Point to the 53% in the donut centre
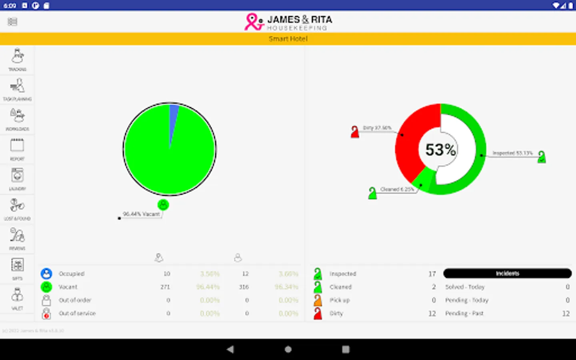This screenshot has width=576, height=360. click(x=440, y=150)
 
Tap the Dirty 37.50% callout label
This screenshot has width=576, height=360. click(x=377, y=128)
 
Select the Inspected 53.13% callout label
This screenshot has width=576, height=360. click(x=512, y=153)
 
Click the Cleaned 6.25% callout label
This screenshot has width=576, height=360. click(x=397, y=189)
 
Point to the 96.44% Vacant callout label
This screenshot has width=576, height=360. click(x=141, y=214)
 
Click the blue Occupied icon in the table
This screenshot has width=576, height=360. click(x=46, y=274)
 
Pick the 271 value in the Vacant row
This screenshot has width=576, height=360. click(x=165, y=287)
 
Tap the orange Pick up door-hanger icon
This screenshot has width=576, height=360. click(x=318, y=300)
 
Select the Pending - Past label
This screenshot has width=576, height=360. click(x=464, y=314)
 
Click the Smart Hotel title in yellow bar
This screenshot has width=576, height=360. click(x=288, y=39)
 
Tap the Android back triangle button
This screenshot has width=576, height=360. click(x=230, y=349)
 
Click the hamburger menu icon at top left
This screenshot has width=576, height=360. click(x=12, y=22)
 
